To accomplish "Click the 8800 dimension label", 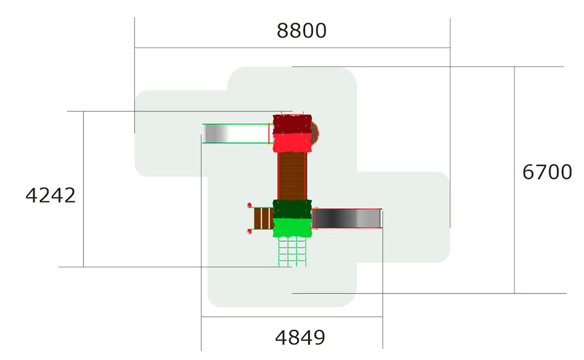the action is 301,30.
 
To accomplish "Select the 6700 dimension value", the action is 547,172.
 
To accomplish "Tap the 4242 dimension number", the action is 51,195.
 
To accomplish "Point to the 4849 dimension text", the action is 300,338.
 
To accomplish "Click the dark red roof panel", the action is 293,124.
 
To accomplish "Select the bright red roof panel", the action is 293,143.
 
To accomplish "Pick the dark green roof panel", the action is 293,209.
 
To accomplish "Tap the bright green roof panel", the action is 293,228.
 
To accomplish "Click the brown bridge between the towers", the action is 292,176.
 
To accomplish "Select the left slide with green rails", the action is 236,133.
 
